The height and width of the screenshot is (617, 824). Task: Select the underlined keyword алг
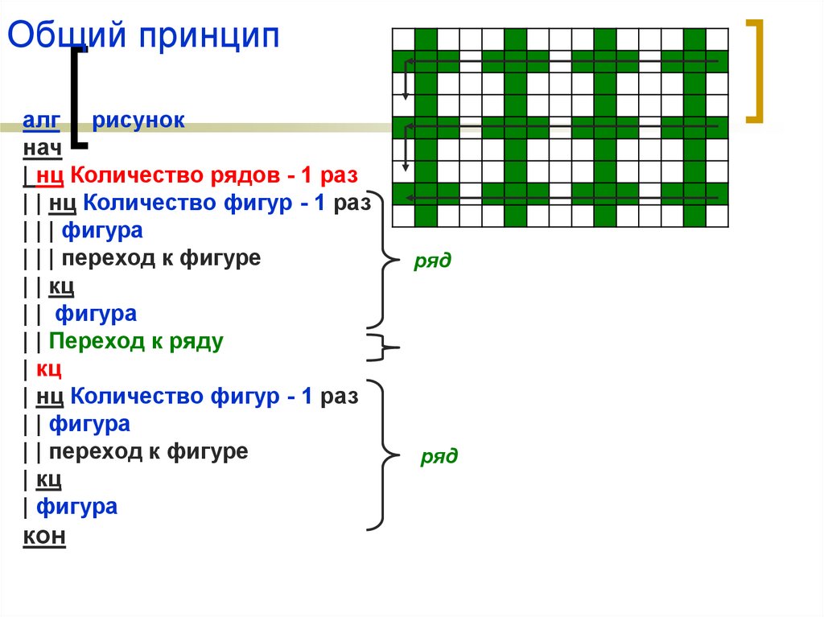40,121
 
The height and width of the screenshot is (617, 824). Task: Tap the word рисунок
138,121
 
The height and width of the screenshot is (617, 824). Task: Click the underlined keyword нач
41,149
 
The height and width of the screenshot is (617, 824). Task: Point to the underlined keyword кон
44,537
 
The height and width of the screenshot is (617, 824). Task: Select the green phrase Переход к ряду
136,341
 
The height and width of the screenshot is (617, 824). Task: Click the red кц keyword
49,369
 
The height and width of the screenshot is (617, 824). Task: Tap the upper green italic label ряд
433,261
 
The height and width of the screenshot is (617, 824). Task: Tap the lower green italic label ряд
439,457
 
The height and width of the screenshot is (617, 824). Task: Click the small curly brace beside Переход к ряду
385,348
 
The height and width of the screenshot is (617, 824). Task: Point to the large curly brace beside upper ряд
385,260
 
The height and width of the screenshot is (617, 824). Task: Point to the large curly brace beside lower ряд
385,455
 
